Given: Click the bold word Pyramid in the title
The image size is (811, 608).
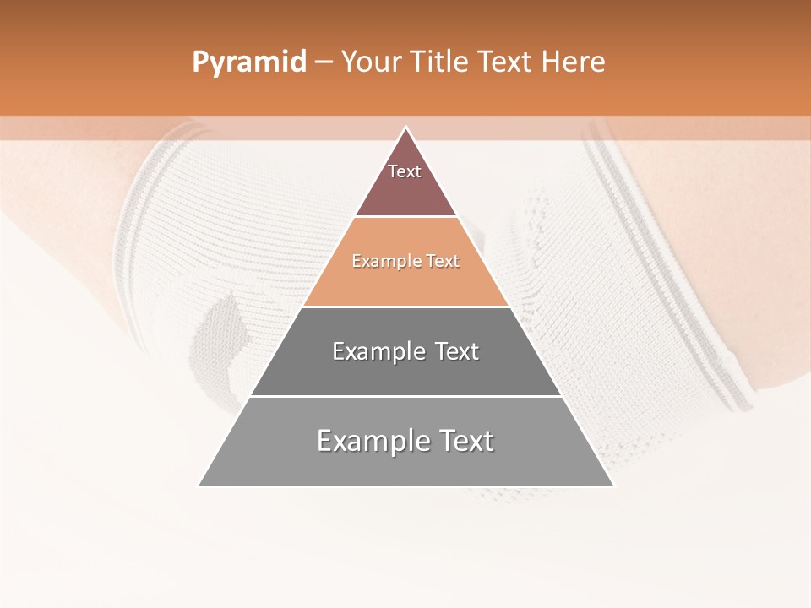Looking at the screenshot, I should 248,62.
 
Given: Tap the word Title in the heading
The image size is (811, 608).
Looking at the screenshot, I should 443,62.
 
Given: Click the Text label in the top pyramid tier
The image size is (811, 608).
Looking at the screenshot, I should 405,171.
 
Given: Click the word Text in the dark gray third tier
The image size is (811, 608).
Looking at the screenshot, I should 457,351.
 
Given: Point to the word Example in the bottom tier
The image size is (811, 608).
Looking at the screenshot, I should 368,441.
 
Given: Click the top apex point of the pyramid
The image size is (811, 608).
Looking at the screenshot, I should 406,128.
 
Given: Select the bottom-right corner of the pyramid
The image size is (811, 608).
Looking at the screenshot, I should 612,486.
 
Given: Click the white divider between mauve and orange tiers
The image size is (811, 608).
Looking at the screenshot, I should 405,217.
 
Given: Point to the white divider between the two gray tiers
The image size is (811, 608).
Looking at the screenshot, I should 405,396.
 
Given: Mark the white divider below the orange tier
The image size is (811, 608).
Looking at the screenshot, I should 405,307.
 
